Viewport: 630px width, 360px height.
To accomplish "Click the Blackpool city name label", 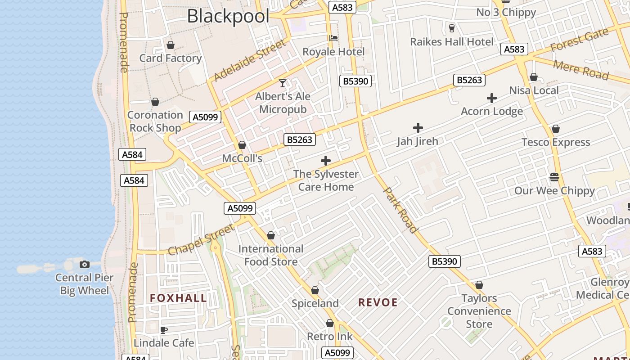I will tap(228, 16).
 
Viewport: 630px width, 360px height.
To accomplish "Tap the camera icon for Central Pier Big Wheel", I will tap(84, 264).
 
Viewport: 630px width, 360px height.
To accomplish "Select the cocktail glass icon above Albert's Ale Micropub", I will tap(283, 83).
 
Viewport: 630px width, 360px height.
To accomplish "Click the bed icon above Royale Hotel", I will tap(333, 38).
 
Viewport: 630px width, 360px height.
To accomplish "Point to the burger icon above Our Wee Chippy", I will tap(554, 177).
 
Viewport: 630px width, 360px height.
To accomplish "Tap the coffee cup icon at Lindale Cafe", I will tap(164, 330).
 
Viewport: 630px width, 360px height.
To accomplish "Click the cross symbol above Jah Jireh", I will tap(418, 128).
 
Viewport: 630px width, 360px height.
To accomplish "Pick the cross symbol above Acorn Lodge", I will tap(492, 98).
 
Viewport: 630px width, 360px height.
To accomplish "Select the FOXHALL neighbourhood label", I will tap(178, 298).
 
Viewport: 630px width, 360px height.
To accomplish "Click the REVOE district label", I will tap(378, 302).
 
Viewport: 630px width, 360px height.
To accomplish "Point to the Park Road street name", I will tap(400, 210).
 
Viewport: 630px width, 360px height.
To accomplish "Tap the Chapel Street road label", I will tap(201, 240).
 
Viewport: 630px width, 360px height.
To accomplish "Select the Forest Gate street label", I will tap(579, 40).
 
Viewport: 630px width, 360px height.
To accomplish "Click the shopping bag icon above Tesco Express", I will tap(556, 129).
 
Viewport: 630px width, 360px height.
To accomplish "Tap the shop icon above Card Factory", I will tap(171, 45).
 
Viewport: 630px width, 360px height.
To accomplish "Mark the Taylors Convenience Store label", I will tap(479, 311).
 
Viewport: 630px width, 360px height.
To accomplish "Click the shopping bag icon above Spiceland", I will tap(315, 290).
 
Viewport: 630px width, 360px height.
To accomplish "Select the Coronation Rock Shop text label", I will tap(155, 121).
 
